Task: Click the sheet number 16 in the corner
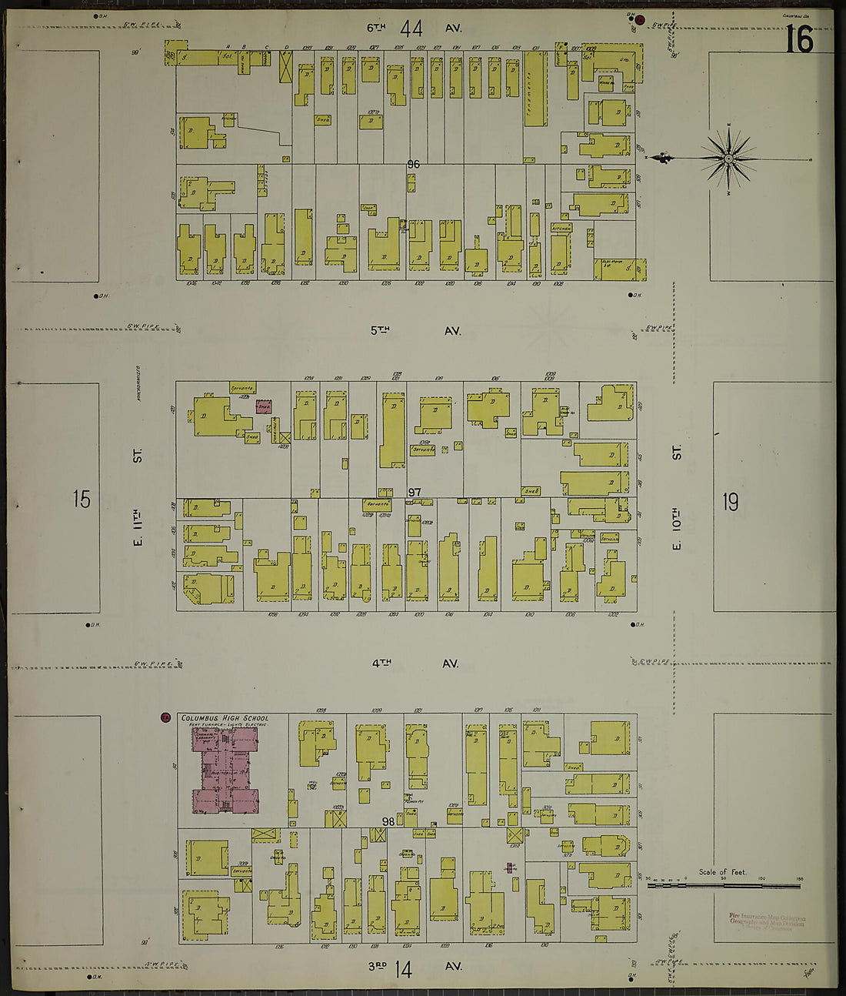pyautogui.click(x=800, y=38)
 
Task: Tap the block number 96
pyautogui.click(x=414, y=164)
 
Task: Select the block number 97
pyautogui.click(x=415, y=492)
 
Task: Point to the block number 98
pyautogui.click(x=388, y=822)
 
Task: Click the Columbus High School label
pyautogui.click(x=225, y=718)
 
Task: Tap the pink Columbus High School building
pyautogui.click(x=225, y=770)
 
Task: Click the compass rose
pyautogui.click(x=728, y=159)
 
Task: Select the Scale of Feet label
pyautogui.click(x=722, y=872)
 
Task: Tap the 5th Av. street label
pyautogui.click(x=415, y=330)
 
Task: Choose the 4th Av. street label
pyautogui.click(x=415, y=663)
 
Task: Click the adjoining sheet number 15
pyautogui.click(x=82, y=500)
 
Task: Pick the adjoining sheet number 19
pyautogui.click(x=730, y=502)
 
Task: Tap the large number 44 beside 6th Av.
pyautogui.click(x=411, y=28)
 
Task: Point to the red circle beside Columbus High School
pyautogui.click(x=165, y=718)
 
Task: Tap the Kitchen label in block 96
pyautogui.click(x=561, y=229)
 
